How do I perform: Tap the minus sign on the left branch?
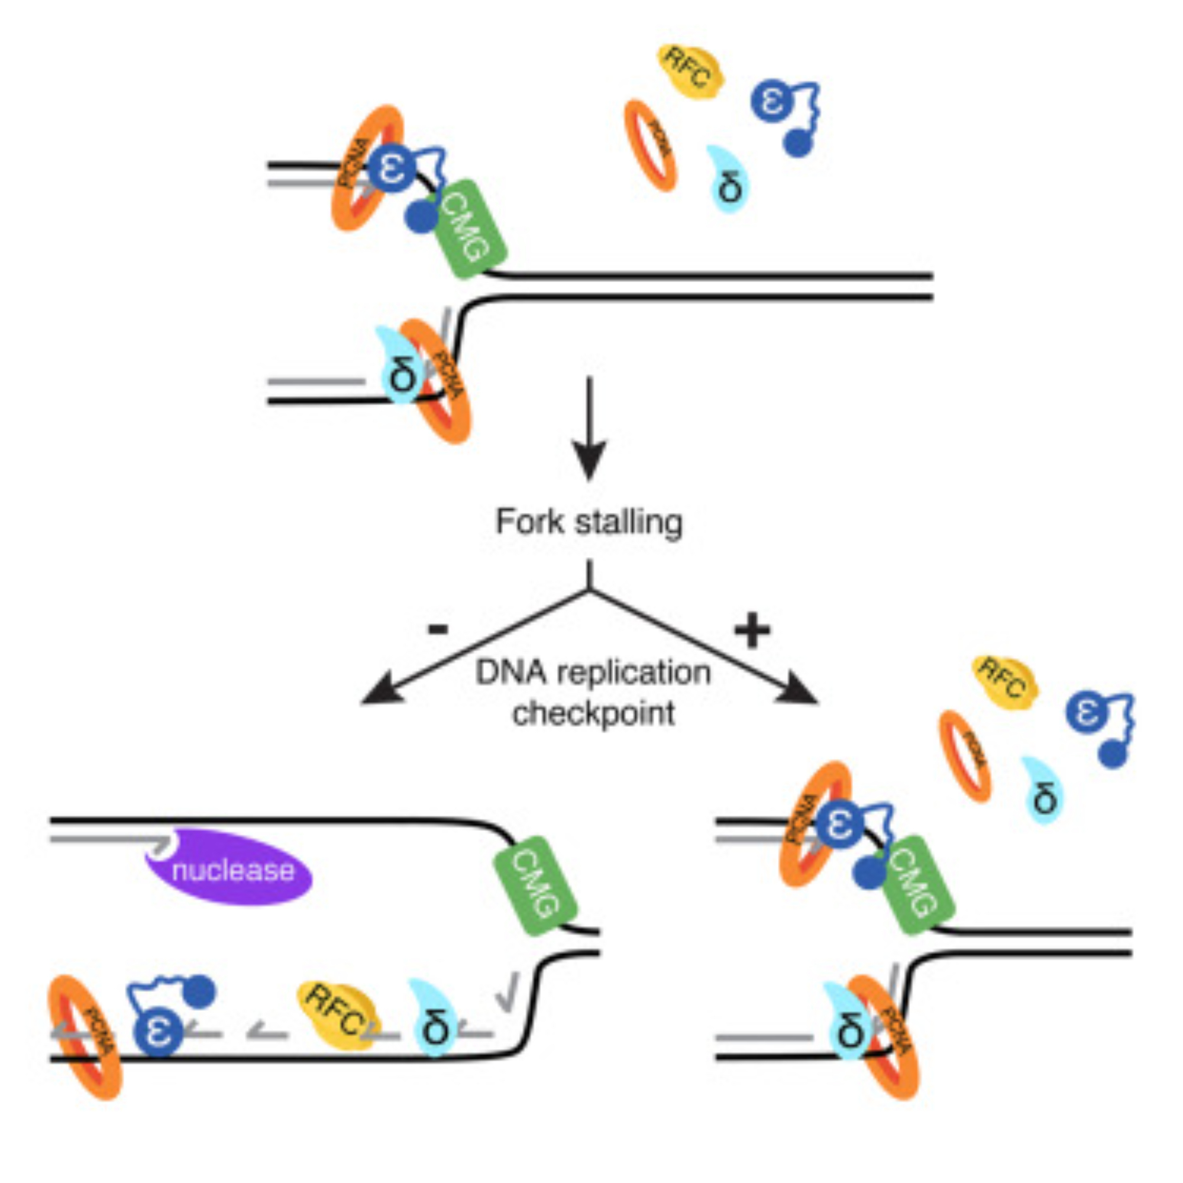tap(438, 629)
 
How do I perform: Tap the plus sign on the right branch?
tap(751, 631)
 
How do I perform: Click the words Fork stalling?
tap(589, 522)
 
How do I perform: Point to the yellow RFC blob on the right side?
tap(1005, 682)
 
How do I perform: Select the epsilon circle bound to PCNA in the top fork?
tap(390, 167)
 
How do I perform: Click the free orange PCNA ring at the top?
tap(650, 146)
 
